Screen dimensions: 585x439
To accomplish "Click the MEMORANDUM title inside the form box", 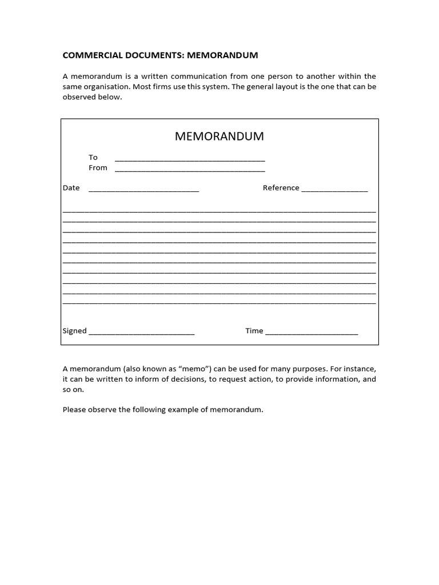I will (219, 137).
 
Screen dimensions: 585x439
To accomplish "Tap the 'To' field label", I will (93, 157).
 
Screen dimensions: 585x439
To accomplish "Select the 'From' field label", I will (98, 167).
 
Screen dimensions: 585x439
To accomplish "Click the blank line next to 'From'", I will (190, 170).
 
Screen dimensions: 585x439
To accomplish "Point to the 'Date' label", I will (71, 188).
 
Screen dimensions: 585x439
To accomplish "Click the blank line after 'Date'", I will (143, 190).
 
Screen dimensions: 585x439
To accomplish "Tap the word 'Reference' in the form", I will (281, 188).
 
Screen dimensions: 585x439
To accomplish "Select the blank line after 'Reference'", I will (334, 190).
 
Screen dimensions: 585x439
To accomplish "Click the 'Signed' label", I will (74, 331).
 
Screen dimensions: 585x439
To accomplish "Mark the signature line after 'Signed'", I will (142, 333).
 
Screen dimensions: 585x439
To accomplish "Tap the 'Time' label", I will (254, 331).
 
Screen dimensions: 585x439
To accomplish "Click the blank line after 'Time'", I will (312, 333).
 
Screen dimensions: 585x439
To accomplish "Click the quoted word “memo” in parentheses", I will (195, 369).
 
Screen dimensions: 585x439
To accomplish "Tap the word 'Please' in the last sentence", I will (74, 410).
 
